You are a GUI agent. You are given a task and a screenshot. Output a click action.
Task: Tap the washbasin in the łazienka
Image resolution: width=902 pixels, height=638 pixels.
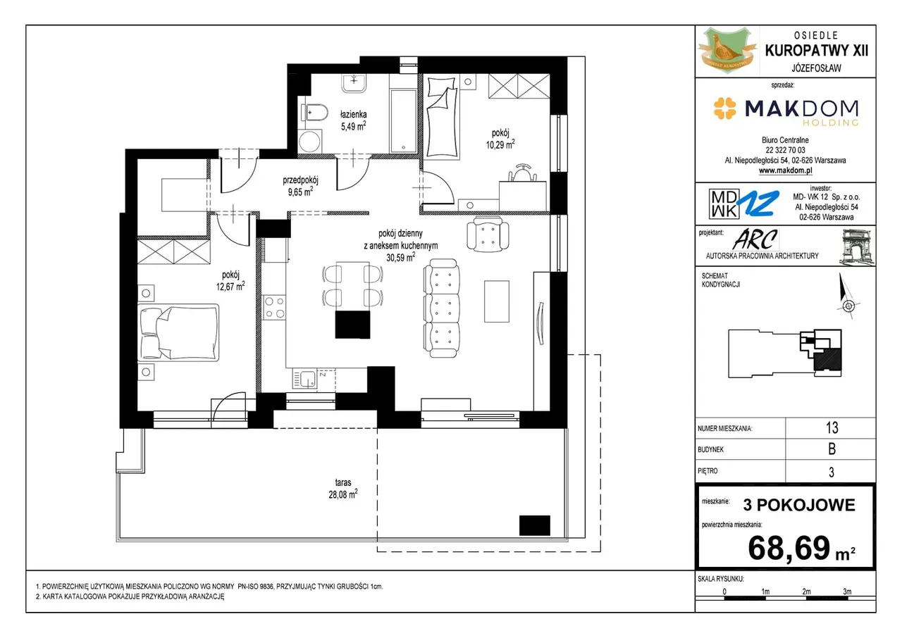(x=354, y=83)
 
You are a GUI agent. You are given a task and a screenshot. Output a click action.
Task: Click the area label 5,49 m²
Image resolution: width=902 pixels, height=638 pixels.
(x=353, y=126)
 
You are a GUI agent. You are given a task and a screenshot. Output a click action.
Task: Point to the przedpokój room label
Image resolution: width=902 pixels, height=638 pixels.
(x=300, y=180)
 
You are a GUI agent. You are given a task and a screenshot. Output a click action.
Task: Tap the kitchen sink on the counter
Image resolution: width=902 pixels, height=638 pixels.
(x=305, y=379)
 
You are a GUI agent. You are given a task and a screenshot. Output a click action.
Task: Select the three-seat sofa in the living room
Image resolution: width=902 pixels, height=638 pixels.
(x=441, y=308)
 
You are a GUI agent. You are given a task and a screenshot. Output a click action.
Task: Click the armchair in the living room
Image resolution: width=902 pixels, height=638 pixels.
(x=488, y=234)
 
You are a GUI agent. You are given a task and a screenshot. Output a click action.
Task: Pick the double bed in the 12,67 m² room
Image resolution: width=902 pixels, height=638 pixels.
(x=178, y=332)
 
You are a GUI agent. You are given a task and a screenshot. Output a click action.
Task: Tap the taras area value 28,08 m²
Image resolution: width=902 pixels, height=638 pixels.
(x=342, y=494)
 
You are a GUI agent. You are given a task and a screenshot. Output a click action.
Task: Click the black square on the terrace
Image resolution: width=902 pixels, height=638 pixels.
(x=534, y=525)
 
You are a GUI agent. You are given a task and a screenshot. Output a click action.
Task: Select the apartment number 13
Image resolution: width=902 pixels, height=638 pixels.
(x=832, y=427)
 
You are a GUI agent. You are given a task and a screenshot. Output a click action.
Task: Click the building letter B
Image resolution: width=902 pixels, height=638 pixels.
(x=832, y=449)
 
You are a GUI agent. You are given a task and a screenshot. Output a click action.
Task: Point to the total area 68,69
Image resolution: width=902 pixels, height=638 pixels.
(x=789, y=548)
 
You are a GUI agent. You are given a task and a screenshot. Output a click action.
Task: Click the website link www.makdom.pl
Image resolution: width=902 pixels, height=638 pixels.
(x=785, y=170)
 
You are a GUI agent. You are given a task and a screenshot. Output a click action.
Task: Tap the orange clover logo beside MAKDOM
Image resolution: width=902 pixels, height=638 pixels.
(x=725, y=108)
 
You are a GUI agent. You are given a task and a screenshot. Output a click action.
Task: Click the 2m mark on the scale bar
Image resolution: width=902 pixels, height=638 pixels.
(x=806, y=592)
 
